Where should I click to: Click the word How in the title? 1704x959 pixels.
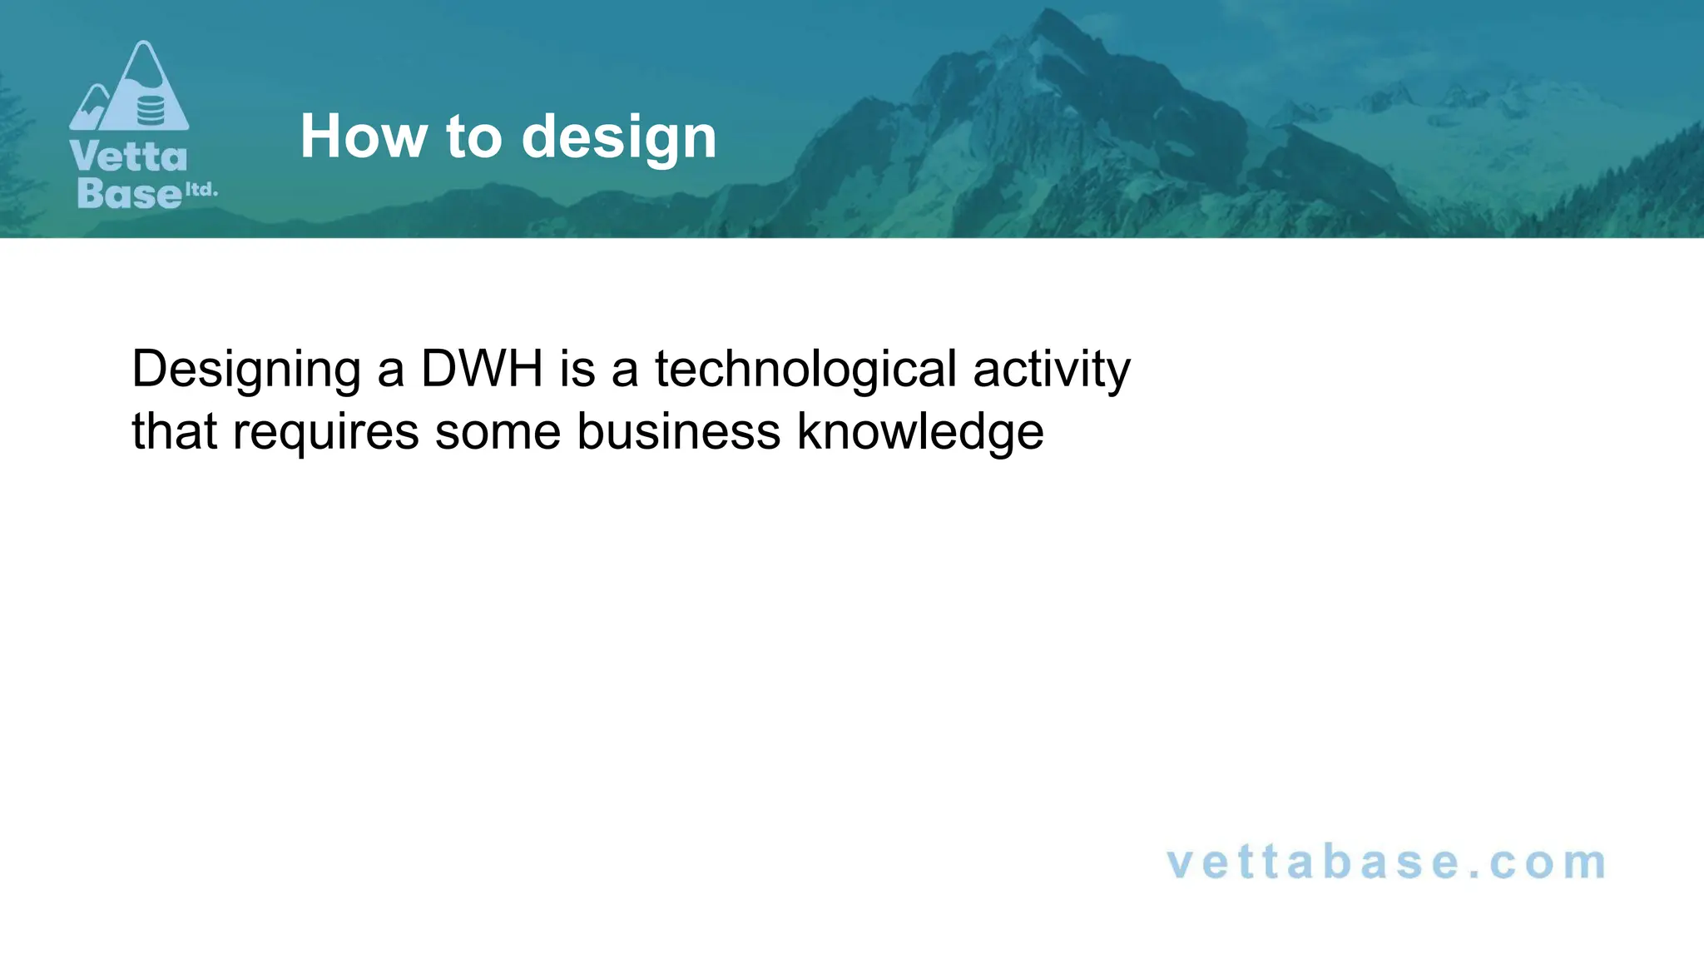pos(364,137)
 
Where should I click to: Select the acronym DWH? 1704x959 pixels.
pos(482,369)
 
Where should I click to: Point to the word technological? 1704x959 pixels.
pos(805,370)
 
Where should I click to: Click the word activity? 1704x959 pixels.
pos(1051,370)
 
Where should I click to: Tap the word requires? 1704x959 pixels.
pos(325,433)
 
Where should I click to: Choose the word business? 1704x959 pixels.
pos(678,432)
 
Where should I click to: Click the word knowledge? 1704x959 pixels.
pos(920,433)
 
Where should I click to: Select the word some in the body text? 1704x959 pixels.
pos(498,433)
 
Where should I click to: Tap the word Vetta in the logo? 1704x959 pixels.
pos(129,157)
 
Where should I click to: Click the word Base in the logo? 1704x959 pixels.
pos(129,193)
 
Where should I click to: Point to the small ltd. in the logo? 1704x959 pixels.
pos(201,190)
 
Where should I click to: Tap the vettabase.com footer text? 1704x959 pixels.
pos(1386,862)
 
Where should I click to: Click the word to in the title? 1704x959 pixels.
pos(474,137)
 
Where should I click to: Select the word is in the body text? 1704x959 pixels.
pos(577,369)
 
